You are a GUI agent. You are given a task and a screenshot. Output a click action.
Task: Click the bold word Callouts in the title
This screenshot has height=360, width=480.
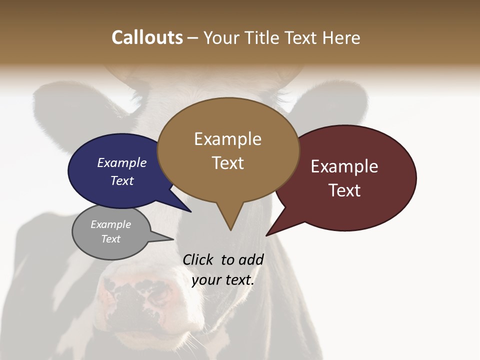[x=147, y=37]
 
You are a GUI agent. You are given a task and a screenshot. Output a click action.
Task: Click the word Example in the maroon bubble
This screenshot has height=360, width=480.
[x=344, y=166]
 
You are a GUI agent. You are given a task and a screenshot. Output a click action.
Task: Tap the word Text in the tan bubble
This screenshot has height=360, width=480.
[x=228, y=162]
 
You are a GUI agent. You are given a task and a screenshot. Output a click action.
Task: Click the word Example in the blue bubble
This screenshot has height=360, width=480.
[x=122, y=162]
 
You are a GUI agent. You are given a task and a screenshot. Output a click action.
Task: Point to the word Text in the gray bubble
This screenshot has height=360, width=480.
[x=110, y=239]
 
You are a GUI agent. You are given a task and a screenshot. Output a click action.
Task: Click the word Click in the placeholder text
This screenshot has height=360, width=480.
[x=198, y=259]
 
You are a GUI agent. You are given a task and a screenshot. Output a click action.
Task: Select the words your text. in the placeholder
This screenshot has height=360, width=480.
[x=223, y=280]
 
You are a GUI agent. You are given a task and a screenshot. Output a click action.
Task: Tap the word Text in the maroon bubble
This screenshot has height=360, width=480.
[x=344, y=190]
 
